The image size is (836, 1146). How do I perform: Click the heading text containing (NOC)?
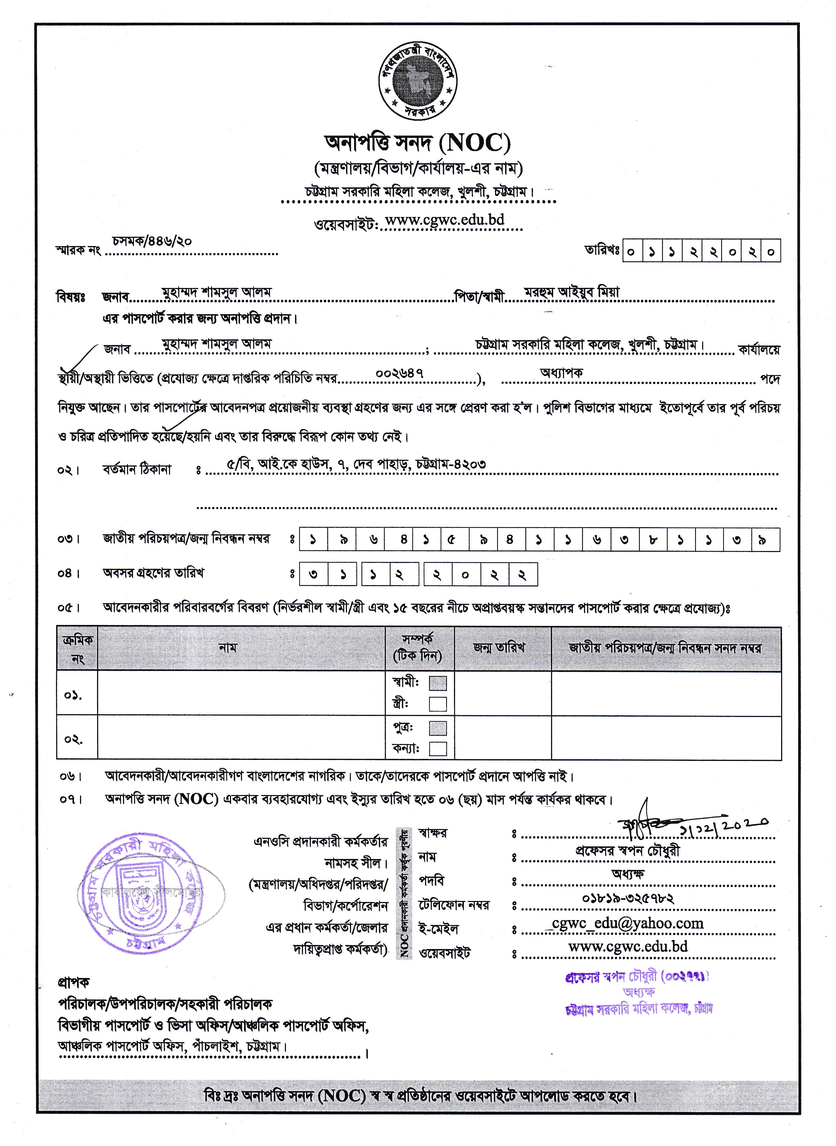click(x=417, y=143)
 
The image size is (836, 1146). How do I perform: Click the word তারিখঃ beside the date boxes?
click(x=602, y=250)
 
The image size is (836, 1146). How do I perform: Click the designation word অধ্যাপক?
click(x=561, y=372)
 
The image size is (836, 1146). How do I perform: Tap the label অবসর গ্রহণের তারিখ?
click(x=153, y=573)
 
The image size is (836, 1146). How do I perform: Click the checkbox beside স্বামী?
click(x=438, y=683)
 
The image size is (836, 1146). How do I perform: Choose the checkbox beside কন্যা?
click(x=438, y=748)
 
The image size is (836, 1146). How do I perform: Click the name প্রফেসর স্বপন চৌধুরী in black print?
click(x=627, y=851)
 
